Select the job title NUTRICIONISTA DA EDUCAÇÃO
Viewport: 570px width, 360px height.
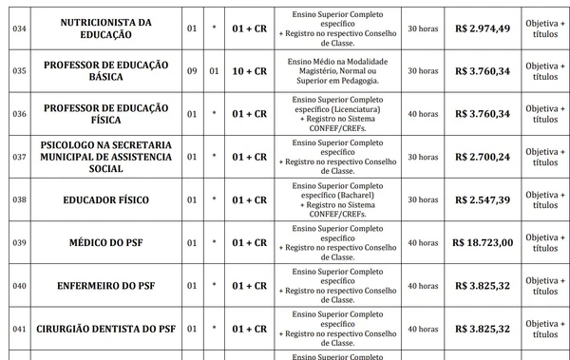pyautogui.click(x=105, y=28)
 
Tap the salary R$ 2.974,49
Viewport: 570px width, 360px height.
pyautogui.click(x=483, y=28)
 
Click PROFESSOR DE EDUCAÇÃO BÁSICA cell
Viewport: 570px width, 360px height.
pyautogui.click(x=105, y=71)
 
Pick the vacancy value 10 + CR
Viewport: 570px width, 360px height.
pyautogui.click(x=249, y=71)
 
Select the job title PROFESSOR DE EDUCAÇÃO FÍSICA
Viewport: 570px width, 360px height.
pyautogui.click(x=105, y=114)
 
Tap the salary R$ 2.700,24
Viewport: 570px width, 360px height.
pyautogui.click(x=483, y=157)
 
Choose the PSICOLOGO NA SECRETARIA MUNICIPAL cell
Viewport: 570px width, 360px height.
pyautogui.click(x=105, y=157)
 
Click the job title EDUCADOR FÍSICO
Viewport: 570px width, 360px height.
pyautogui.click(x=105, y=200)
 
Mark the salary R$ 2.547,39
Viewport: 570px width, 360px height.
pyautogui.click(x=483, y=200)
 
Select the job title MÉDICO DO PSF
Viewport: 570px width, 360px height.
pyautogui.click(x=105, y=243)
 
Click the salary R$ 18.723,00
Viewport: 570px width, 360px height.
pyautogui.click(x=483, y=243)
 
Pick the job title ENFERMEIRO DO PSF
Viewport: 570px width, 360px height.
pyautogui.click(x=105, y=286)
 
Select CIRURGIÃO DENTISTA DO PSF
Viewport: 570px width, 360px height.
pyautogui.click(x=105, y=329)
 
